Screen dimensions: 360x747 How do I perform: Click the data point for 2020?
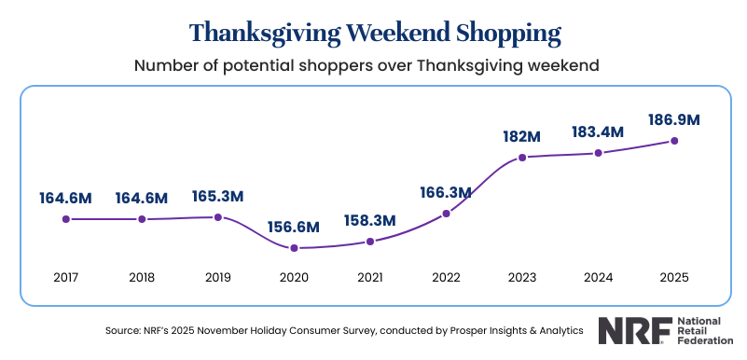pyautogui.click(x=294, y=248)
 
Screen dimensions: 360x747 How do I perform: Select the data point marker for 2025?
pyautogui.click(x=674, y=141)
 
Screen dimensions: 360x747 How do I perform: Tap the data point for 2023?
pyautogui.click(x=522, y=158)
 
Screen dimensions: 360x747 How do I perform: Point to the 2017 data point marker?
pyautogui.click(x=65, y=219)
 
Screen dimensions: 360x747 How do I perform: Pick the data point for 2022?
pyautogui.click(x=447, y=214)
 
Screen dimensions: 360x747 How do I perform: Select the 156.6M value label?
pyautogui.click(x=294, y=227)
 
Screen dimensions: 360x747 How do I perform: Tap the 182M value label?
pyautogui.click(x=521, y=136)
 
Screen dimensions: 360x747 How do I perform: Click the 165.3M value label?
pyautogui.click(x=217, y=197)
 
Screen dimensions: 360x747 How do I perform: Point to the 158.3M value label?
pyautogui.click(x=370, y=221)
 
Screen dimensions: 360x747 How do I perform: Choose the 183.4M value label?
pyautogui.click(x=598, y=132)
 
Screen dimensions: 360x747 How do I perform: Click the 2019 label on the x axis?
pyautogui.click(x=217, y=277)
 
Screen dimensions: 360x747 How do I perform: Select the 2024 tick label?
pyautogui.click(x=598, y=277)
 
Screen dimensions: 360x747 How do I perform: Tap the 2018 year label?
pyautogui.click(x=142, y=277)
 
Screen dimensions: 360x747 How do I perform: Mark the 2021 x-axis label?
pyautogui.click(x=370, y=277)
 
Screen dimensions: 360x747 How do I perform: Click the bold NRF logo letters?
pyautogui.click(x=629, y=330)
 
